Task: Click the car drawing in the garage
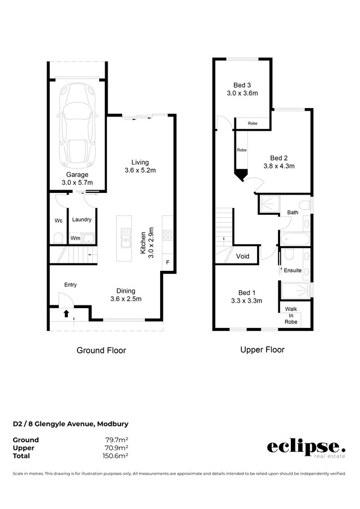(78, 124)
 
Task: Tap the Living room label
(140, 162)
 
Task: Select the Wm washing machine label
(75, 238)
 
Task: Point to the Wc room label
(58, 221)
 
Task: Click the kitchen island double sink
(126, 238)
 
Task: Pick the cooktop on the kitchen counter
(168, 235)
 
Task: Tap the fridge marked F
(168, 262)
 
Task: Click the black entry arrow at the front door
(66, 313)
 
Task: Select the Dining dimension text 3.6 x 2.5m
(126, 299)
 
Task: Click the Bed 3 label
(242, 85)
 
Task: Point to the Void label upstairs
(243, 256)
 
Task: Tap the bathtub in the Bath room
(295, 239)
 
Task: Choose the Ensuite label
(293, 270)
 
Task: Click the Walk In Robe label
(291, 315)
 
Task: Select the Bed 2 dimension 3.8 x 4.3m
(279, 166)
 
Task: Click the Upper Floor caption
(262, 350)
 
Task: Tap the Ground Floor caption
(101, 350)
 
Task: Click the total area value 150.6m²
(115, 456)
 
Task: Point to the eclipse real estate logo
(306, 448)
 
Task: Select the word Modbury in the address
(113, 424)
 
